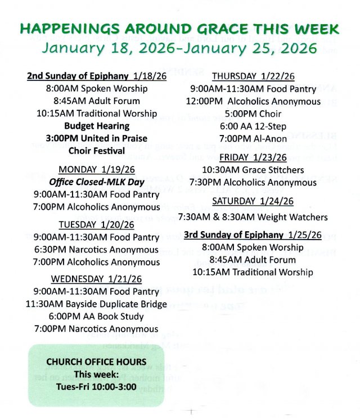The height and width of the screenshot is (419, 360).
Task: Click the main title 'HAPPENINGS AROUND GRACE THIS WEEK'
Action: click(x=180, y=29)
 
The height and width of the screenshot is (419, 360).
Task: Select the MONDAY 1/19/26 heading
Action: click(x=96, y=169)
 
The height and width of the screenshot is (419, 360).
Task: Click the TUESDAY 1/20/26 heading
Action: click(x=96, y=224)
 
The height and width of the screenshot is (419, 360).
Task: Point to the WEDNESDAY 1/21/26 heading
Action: click(x=96, y=279)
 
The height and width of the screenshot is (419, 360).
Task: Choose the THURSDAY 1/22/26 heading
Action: click(x=253, y=76)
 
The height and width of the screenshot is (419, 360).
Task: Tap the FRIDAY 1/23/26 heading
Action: click(x=253, y=157)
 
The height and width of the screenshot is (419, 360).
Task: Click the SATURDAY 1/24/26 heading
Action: click(x=253, y=201)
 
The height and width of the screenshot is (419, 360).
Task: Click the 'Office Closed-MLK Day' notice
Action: click(x=96, y=182)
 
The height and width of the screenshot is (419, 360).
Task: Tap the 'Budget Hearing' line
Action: click(x=96, y=126)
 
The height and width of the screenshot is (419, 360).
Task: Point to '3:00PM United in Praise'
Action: click(x=96, y=138)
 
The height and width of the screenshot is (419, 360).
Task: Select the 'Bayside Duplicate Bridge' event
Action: click(x=96, y=304)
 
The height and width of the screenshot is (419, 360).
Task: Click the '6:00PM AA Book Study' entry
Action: click(x=96, y=317)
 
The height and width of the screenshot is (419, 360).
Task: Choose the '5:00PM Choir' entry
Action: click(x=253, y=114)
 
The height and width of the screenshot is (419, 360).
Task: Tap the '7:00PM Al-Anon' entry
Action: click(x=253, y=139)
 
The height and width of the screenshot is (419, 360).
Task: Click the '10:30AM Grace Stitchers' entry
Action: click(x=253, y=170)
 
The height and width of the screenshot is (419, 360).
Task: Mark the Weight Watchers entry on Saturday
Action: click(x=253, y=217)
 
